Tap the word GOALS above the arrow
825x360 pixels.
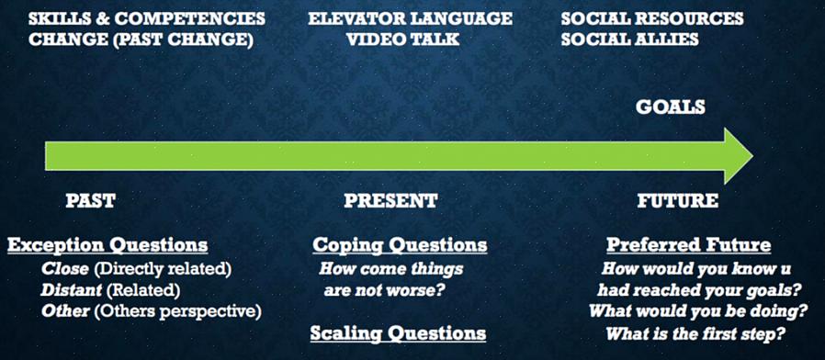tap(671, 107)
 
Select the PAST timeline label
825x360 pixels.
tap(90, 200)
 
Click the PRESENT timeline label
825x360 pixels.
tap(390, 200)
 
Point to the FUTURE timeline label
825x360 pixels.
tap(678, 200)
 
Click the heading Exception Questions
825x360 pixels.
tap(107, 245)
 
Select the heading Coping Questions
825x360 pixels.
tap(400, 245)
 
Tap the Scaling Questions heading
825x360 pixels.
tap(398, 333)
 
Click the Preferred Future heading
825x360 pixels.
tap(689, 245)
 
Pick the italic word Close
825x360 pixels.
tap(65, 269)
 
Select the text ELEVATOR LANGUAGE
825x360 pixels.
tap(410, 19)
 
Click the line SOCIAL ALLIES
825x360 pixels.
tap(629, 39)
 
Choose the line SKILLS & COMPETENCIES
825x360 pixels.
tap(147, 19)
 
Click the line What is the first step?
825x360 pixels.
tap(696, 333)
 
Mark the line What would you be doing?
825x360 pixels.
tap(698, 311)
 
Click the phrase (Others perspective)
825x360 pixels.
tap(178, 311)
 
